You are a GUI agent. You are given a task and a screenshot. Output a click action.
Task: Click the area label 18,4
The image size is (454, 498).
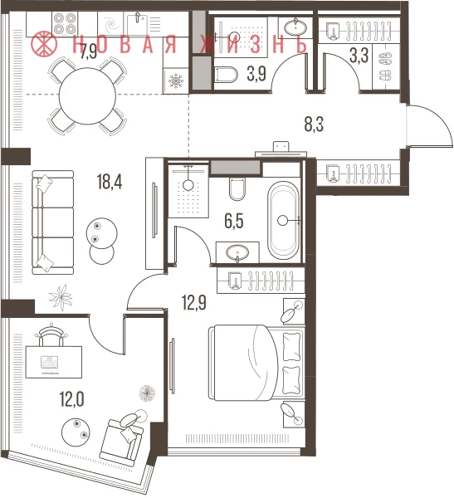tap(110, 183)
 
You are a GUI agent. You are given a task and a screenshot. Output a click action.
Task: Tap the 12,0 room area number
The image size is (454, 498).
tap(72, 399)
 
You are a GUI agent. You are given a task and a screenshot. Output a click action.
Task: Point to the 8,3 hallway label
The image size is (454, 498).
tap(314, 124)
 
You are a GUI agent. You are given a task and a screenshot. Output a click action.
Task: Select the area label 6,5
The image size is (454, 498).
tap(234, 222)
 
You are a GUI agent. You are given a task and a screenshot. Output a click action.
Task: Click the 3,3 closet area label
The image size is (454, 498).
tap(359, 56)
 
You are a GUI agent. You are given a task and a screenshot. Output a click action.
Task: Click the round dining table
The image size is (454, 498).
tap(88, 96)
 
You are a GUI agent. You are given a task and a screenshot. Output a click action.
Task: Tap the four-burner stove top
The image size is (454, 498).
tap(65, 23)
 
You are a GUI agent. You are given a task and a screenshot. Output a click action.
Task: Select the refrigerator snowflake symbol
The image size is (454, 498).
tap(176, 81)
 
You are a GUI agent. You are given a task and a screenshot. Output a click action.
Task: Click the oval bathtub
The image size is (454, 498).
tap(283, 221)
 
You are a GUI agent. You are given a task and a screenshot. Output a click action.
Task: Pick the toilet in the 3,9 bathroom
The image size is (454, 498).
tap(227, 75)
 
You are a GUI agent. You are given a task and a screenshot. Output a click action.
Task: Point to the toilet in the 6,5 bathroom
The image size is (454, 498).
tap(237, 189)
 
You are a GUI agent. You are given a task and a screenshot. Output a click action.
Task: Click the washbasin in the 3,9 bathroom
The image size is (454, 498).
tap(295, 28)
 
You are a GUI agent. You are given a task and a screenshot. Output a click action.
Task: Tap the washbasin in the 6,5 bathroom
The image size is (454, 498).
tap(237, 253)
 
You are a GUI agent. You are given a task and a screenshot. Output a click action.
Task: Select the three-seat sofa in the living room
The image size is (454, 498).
tap(53, 222)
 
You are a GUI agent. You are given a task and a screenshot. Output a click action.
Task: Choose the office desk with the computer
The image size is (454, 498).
tap(54, 362)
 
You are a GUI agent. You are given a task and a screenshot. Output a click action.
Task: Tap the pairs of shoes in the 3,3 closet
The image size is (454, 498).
tap(385, 66)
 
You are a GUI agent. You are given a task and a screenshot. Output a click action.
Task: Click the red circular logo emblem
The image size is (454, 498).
tap(44, 43)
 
